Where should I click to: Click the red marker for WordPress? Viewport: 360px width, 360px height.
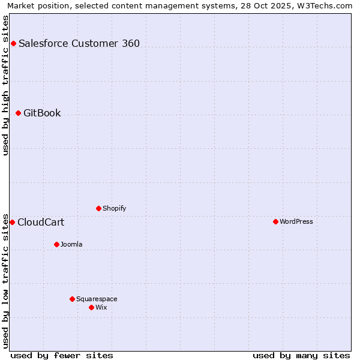tap(275, 221)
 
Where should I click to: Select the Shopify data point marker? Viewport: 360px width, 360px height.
tap(98, 208)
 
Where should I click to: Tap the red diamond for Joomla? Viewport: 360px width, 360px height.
tap(56, 244)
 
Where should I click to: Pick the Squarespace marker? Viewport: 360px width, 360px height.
tap(72, 299)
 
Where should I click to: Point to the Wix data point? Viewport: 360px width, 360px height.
tap(91, 307)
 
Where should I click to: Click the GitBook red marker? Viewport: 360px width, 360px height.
tap(18, 113)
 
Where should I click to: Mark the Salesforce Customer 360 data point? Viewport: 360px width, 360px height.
tap(13, 43)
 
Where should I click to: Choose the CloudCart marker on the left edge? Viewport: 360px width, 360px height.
tap(12, 222)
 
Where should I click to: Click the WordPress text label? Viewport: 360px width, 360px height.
tap(296, 221)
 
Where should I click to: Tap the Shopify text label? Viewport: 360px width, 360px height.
tap(114, 208)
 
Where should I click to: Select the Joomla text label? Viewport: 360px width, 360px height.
tap(71, 244)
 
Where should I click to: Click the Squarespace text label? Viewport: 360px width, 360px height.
tap(97, 299)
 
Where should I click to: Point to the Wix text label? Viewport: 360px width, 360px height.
tap(101, 307)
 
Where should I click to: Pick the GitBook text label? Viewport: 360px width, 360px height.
tap(42, 113)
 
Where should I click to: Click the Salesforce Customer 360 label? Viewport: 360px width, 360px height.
tap(79, 43)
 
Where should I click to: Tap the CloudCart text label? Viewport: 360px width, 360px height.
tap(41, 222)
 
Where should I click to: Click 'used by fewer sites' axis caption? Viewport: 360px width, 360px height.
tap(62, 355)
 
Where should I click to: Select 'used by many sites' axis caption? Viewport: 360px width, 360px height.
tap(301, 355)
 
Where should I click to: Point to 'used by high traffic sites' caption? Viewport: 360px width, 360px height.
tap(6, 85)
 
